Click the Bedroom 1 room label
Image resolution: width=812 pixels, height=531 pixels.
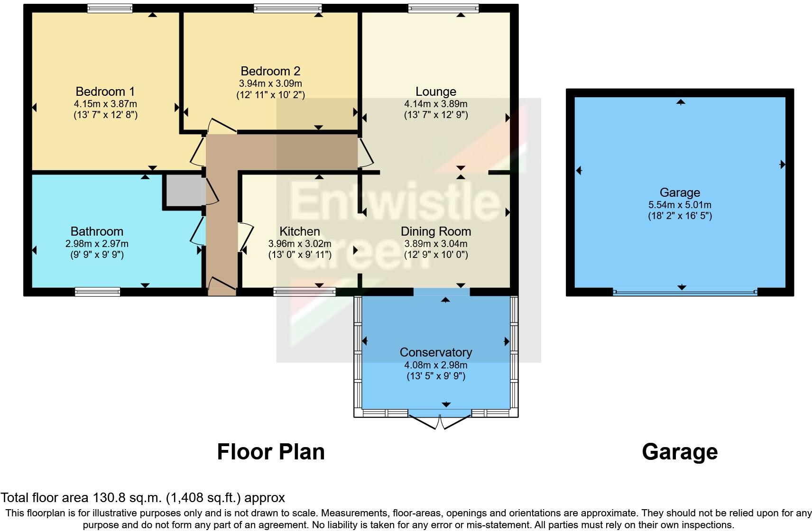[x=105, y=92]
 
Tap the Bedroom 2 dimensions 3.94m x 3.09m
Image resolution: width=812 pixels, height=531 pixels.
[x=270, y=83]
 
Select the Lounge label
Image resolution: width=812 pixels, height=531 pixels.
[x=435, y=92]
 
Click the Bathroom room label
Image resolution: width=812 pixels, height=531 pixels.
[x=97, y=231]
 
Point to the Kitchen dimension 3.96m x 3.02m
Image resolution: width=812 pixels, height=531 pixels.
[x=299, y=244]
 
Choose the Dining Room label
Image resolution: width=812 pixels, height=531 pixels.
[x=435, y=231]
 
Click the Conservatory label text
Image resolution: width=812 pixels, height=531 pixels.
[x=435, y=352]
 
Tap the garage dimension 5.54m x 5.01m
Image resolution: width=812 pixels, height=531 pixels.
[x=680, y=205]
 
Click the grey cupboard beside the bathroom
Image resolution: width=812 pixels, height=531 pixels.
[x=183, y=190]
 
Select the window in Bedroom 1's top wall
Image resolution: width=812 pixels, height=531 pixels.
[x=110, y=8]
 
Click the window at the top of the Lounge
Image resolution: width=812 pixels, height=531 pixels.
[x=443, y=8]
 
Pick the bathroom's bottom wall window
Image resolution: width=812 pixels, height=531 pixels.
[x=98, y=292]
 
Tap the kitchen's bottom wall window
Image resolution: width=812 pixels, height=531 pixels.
[x=304, y=292]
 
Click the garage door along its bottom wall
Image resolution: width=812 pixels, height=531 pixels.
[x=684, y=293]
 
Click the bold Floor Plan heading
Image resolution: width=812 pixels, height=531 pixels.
[x=271, y=452]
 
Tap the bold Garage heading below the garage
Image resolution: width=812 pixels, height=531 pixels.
[x=679, y=452]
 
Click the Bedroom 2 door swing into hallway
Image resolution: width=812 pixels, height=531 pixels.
[x=221, y=126]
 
